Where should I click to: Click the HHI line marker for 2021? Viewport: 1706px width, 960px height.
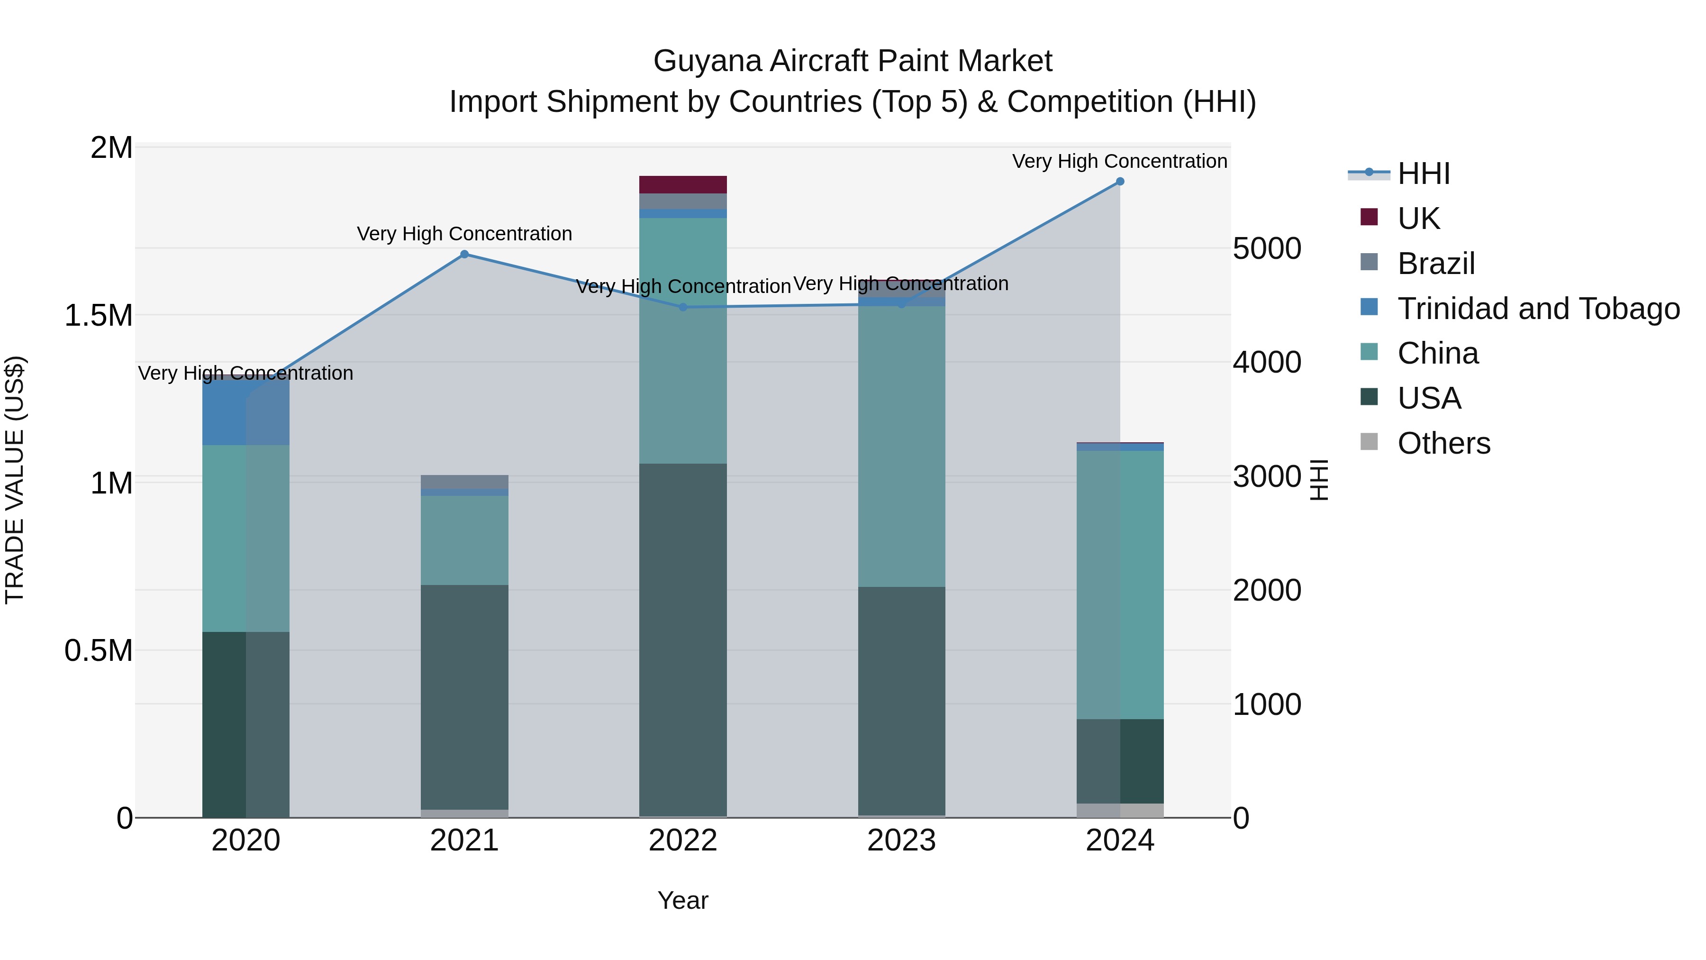(464, 255)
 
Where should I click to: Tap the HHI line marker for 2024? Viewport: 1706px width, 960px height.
(1120, 182)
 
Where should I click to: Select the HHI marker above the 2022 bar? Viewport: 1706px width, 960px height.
(683, 307)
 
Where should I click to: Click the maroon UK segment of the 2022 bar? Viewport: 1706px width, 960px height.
(683, 185)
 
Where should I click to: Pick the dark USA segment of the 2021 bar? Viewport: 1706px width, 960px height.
(464, 695)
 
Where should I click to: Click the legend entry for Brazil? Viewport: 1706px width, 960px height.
(1436, 264)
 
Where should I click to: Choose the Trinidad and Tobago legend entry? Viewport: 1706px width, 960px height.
(1538, 309)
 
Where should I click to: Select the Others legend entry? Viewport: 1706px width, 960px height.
(1444, 443)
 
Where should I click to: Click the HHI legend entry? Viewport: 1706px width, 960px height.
(1424, 174)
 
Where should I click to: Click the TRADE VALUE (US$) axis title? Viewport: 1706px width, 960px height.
(15, 480)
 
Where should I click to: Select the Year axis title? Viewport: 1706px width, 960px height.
(683, 900)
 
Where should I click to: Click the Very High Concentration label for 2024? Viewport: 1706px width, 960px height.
(1119, 162)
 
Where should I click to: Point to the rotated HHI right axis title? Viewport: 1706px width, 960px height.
(1319, 480)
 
